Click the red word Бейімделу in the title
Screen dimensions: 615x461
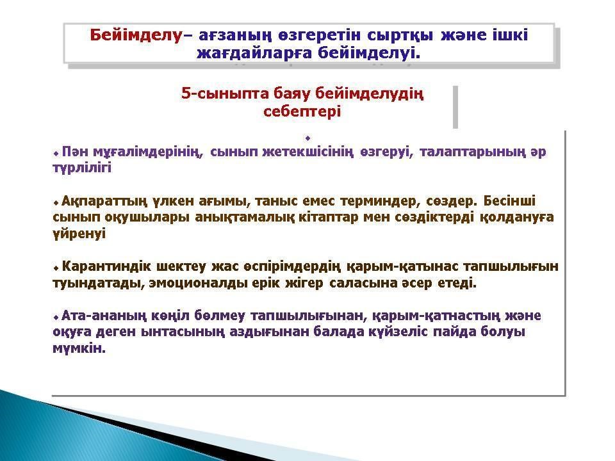(x=136, y=35)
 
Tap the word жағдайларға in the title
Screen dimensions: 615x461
(x=254, y=53)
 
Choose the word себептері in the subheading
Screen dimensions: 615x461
(x=302, y=111)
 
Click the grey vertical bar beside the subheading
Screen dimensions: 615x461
(x=455, y=107)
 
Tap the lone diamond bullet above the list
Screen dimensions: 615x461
(x=308, y=138)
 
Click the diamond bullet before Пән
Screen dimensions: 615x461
(x=56, y=153)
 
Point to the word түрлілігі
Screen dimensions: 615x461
(x=82, y=168)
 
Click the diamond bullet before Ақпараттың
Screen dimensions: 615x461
(x=56, y=203)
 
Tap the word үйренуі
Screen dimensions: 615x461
(x=79, y=234)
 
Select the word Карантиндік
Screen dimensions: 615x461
(x=107, y=266)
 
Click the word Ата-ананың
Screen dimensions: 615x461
(x=104, y=316)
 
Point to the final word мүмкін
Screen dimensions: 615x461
(x=79, y=349)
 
